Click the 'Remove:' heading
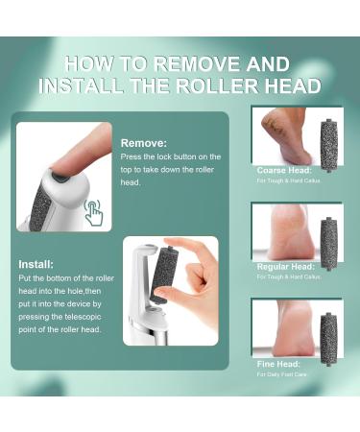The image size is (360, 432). (x=143, y=142)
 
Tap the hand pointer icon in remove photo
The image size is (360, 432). (x=94, y=212)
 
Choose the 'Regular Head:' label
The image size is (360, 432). (x=286, y=266)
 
